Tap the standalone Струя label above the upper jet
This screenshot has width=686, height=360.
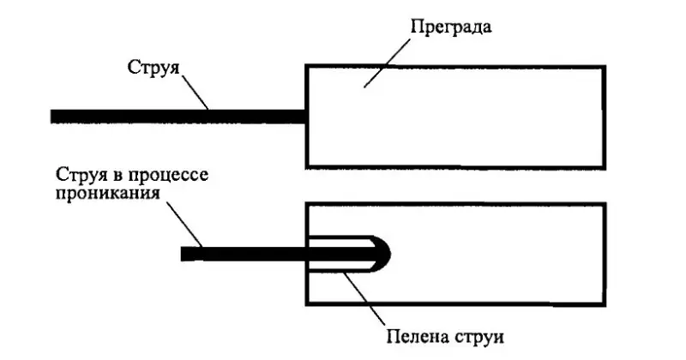[153, 68]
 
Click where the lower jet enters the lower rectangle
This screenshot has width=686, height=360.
[306, 254]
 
